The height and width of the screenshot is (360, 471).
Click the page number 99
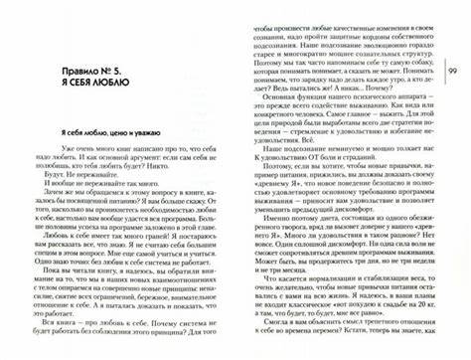pyautogui.click(x=452, y=74)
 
